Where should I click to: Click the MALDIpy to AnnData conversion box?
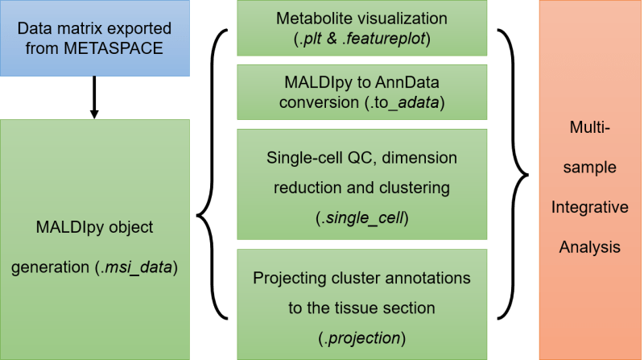point(361,92)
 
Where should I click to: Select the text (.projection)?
point(361,337)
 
